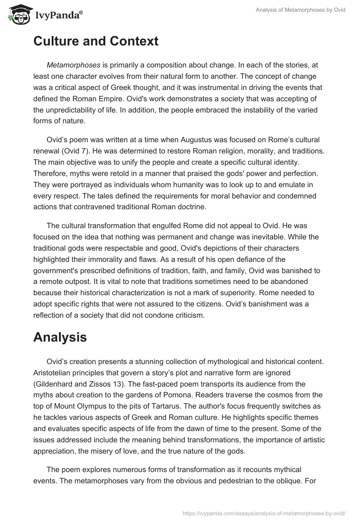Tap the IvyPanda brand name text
coord(57,16)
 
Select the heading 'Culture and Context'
coord(96,41)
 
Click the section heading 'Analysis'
coord(60,338)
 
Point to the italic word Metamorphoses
coord(73,65)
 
